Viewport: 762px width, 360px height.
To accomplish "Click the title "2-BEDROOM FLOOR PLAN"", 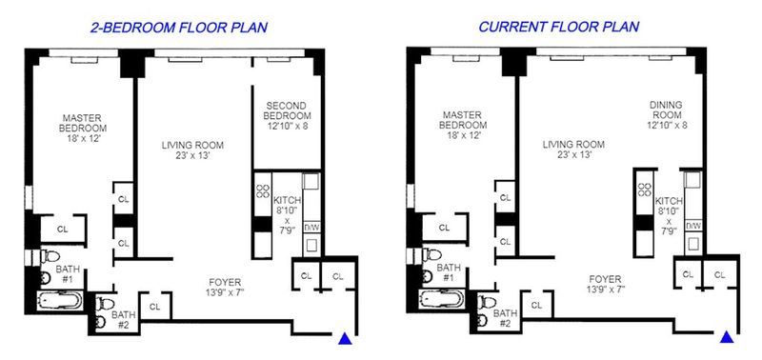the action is (x=179, y=28).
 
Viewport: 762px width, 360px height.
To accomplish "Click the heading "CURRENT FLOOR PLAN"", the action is (x=559, y=27).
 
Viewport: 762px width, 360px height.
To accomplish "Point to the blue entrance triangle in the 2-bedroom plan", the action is (x=345, y=339).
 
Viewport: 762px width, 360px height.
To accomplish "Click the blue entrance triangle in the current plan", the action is (x=727, y=337).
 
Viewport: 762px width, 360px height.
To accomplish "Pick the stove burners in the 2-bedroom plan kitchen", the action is (x=263, y=190).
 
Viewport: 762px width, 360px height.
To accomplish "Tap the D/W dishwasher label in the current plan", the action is (x=693, y=226).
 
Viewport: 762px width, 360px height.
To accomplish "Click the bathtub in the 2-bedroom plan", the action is (x=60, y=301).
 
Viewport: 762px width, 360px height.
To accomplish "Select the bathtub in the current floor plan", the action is (x=442, y=299).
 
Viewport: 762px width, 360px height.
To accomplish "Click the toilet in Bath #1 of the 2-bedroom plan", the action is (x=50, y=256).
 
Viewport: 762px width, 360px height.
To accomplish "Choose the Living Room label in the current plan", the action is (x=573, y=145).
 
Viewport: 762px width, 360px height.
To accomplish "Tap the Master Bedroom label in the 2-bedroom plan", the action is (x=82, y=123).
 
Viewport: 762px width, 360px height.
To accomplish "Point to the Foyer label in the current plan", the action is (x=605, y=279).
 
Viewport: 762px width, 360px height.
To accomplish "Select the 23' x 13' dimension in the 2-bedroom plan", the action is (x=192, y=156).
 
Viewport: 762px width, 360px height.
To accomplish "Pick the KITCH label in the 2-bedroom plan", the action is (x=288, y=200).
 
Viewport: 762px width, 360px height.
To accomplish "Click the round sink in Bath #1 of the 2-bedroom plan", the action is (x=46, y=278).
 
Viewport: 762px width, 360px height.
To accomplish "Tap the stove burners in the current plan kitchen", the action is (x=645, y=189).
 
